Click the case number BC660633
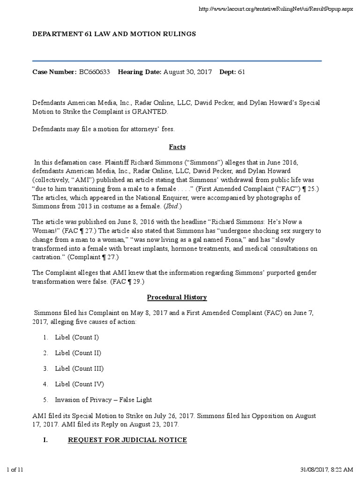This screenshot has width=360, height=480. pyautogui.click(x=94, y=72)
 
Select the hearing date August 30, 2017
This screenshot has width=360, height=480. pyautogui.click(x=187, y=72)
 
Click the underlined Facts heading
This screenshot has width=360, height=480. pyautogui.click(x=177, y=147)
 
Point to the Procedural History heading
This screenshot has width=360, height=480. pyautogui.click(x=177, y=297)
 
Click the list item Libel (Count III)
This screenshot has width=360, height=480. pyautogui.click(x=79, y=368)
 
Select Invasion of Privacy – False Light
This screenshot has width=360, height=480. pyautogui.click(x=103, y=400)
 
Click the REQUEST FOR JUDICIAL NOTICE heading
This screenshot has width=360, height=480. pyautogui.click(x=127, y=440)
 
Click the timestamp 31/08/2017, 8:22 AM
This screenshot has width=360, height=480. pyautogui.click(x=326, y=470)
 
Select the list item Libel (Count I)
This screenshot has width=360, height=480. pyautogui.click(x=77, y=337)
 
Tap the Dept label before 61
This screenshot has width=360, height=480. pyautogui.click(x=227, y=72)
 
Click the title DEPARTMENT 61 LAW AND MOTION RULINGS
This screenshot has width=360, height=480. pyautogui.click(x=114, y=34)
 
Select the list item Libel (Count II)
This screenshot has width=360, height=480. pyautogui.click(x=78, y=352)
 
